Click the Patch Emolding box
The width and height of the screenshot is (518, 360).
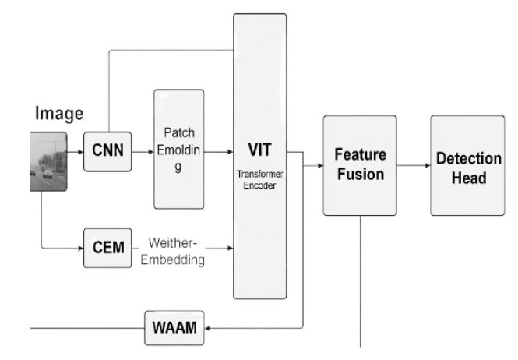click(179, 148)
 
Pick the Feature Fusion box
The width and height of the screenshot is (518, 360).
click(359, 164)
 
